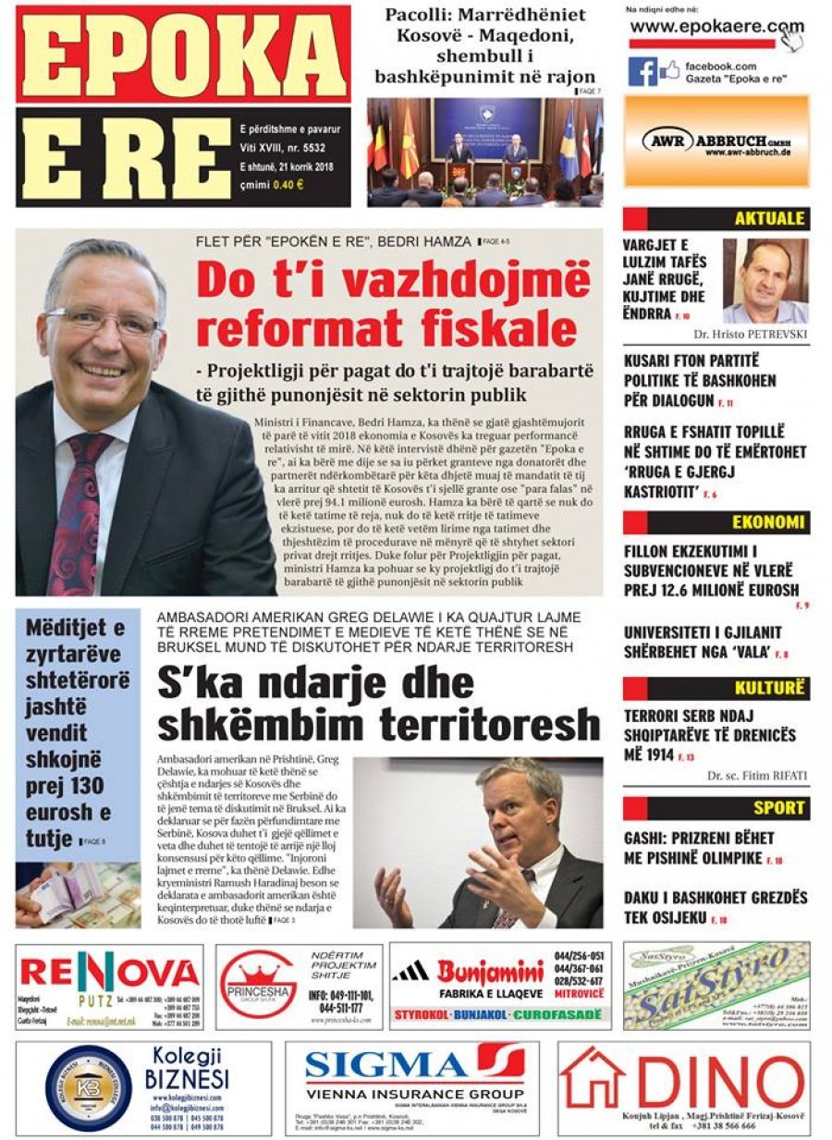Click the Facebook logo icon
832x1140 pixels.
[x=642, y=71]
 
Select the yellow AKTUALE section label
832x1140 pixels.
[x=769, y=219]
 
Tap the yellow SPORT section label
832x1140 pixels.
[x=778, y=808]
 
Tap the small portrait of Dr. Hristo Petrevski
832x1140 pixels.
[x=765, y=280]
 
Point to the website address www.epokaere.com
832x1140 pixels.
[x=716, y=27]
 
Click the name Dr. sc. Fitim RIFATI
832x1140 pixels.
[x=756, y=777]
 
